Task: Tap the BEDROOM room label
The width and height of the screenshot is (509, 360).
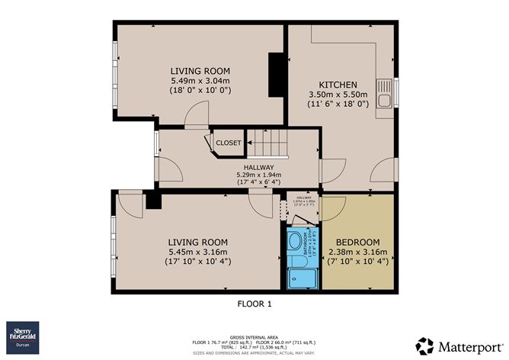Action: click(357, 240)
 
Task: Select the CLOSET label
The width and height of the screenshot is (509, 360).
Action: click(229, 143)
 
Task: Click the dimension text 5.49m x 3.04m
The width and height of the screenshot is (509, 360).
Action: click(200, 80)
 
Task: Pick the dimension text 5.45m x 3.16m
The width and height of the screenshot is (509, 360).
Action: click(198, 252)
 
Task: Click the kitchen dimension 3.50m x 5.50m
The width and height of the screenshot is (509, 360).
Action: click(338, 94)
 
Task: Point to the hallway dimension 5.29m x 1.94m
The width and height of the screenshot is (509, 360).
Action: click(259, 175)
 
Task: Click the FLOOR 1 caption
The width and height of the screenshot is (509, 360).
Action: click(254, 304)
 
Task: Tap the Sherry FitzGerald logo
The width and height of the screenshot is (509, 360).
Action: click(22, 336)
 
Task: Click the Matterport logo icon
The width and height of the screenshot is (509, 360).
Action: click(425, 345)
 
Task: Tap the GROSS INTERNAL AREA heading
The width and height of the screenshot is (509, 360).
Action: click(254, 335)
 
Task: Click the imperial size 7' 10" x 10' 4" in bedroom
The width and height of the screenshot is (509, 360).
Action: click(357, 262)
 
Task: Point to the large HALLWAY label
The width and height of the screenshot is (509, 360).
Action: click(259, 167)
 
